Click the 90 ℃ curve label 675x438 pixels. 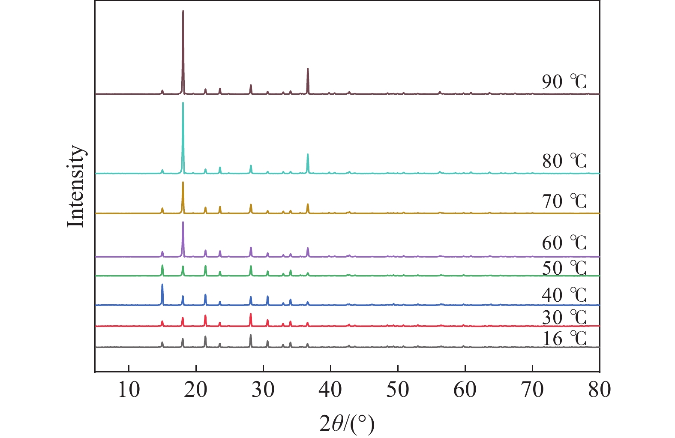pyautogui.click(x=564, y=81)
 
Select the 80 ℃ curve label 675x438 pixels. pyautogui.click(x=564, y=161)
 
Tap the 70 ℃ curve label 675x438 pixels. pyautogui.click(x=564, y=201)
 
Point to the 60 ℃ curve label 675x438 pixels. pyautogui.click(x=564, y=243)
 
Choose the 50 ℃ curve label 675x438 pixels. pyautogui.click(x=564, y=268)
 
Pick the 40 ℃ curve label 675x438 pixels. pyautogui.click(x=564, y=295)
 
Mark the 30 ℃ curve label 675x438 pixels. pyautogui.click(x=564, y=317)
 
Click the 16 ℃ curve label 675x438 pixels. pyautogui.click(x=564, y=339)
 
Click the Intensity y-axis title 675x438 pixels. pyautogui.click(x=76, y=186)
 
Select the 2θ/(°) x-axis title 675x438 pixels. pyautogui.click(x=347, y=424)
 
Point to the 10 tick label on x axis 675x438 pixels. pyautogui.click(x=129, y=390)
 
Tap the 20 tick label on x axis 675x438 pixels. pyautogui.click(x=196, y=390)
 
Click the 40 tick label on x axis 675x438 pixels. pyautogui.click(x=330, y=390)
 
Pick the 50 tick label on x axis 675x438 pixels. pyautogui.click(x=398, y=390)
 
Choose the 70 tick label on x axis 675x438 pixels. pyautogui.click(x=532, y=390)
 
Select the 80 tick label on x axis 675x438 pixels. pyautogui.click(x=599, y=390)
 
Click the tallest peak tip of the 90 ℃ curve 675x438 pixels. pyautogui.click(x=183, y=11)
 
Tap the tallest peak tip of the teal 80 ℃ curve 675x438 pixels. pyautogui.click(x=183, y=103)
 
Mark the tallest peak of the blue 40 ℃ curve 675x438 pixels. pyautogui.click(x=162, y=285)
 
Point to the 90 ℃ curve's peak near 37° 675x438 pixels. pyautogui.click(x=308, y=69)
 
